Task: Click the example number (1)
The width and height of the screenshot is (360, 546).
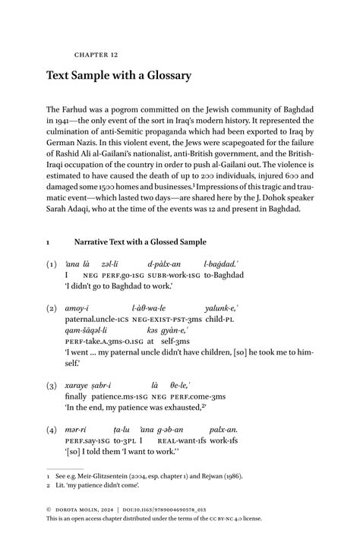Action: (x=52, y=264)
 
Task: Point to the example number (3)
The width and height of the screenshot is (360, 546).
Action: (x=52, y=386)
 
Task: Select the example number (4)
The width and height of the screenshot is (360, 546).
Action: (x=52, y=430)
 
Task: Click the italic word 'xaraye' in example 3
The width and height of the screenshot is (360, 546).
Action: (x=77, y=386)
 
